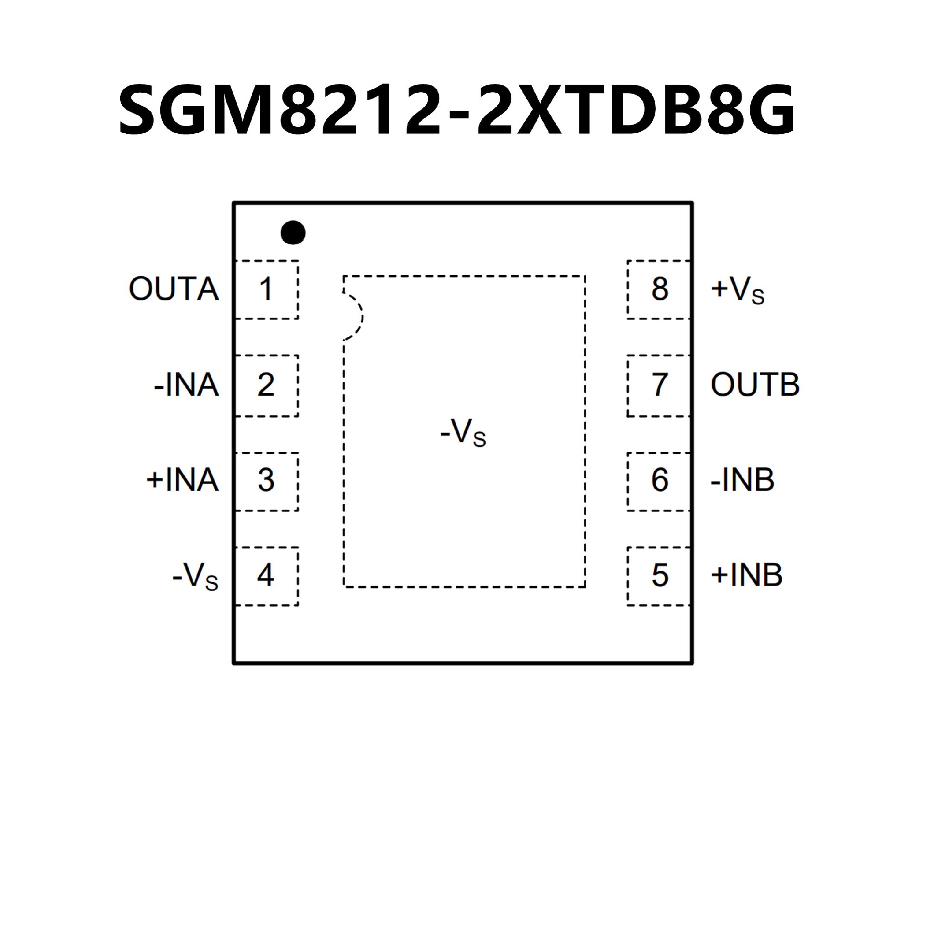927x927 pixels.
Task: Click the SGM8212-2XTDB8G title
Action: (456, 110)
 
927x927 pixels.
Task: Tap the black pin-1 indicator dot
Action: (293, 232)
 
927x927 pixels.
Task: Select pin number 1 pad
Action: (266, 289)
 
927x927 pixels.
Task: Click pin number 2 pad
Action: (266, 385)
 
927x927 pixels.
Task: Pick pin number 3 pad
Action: (266, 480)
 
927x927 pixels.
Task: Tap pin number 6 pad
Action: (659, 480)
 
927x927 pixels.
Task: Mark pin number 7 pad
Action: (659, 385)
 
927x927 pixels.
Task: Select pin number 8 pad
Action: (659, 289)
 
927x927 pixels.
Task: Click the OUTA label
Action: (174, 289)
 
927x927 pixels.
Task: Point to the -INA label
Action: (186, 385)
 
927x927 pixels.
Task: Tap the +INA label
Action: (183, 480)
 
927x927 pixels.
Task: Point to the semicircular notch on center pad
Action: (353, 317)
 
